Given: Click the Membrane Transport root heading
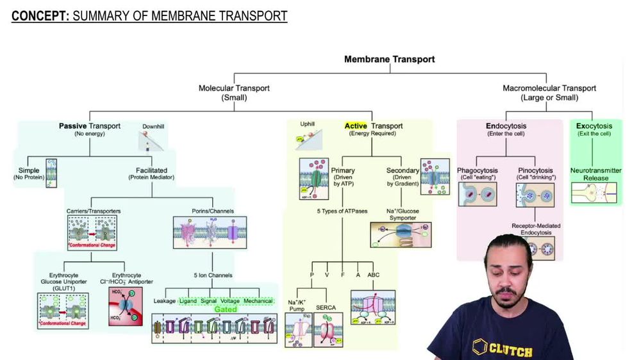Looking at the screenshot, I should pyautogui.click(x=389, y=59).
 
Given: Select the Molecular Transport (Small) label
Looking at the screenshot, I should pyautogui.click(x=234, y=93).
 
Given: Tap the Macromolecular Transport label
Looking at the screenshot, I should pyautogui.click(x=549, y=93).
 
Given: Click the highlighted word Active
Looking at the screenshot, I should pyautogui.click(x=356, y=126).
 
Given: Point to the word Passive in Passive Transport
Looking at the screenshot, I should pyautogui.click(x=72, y=126).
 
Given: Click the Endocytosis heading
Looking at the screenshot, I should pyautogui.click(x=506, y=126).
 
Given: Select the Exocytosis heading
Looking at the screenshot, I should pyautogui.click(x=594, y=126).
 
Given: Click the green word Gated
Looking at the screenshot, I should pyautogui.click(x=226, y=309).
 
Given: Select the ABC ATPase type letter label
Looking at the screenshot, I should pyautogui.click(x=373, y=275).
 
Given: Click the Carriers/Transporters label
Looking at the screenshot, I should pyautogui.click(x=94, y=211).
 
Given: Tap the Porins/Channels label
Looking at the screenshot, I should pyautogui.click(x=213, y=211).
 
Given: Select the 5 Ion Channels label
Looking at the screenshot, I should pyautogui.click(x=213, y=275).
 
